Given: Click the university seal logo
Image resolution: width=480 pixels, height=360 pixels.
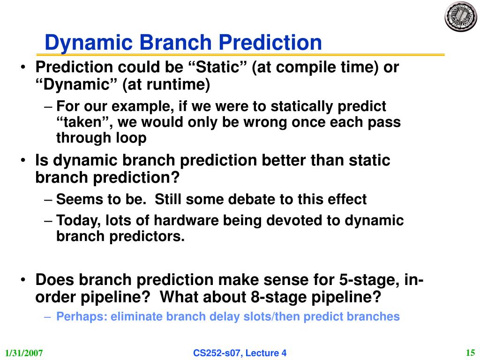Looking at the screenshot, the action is tap(461, 16).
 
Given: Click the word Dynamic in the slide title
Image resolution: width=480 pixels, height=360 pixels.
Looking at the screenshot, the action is tap(89, 43).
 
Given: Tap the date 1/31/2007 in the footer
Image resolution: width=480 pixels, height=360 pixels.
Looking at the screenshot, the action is tap(24, 353).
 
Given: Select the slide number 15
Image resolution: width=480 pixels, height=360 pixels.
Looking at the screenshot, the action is tap(470, 352).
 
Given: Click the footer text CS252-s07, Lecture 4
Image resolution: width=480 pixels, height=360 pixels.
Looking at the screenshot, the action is tap(240, 353).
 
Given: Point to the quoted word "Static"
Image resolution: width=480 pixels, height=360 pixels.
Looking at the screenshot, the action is tap(218, 67).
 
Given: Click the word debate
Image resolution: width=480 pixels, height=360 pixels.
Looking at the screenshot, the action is tap(252, 199).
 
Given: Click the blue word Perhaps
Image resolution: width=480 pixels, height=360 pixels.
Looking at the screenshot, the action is tap(82, 316).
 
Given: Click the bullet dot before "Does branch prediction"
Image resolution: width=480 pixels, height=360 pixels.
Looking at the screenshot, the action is tap(23, 280).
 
